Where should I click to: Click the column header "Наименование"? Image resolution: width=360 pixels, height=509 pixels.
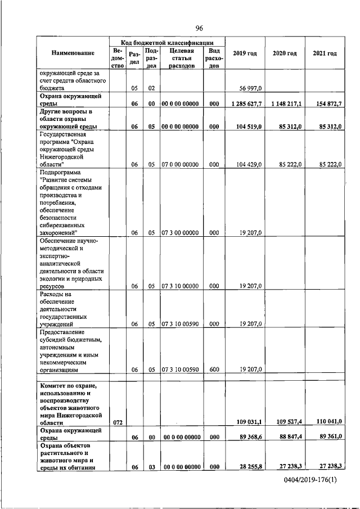tap(73, 53)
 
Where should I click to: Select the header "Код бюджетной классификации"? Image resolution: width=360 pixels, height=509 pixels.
tap(167, 42)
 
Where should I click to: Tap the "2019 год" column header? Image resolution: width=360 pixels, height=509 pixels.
tap(245, 53)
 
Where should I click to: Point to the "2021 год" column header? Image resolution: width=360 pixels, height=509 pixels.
tap(325, 53)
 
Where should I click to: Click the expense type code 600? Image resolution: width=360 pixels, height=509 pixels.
tap(214, 370)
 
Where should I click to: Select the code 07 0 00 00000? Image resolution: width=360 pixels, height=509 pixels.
tap(180, 164)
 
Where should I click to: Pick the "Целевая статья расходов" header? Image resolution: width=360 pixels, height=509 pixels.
tap(181, 58)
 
